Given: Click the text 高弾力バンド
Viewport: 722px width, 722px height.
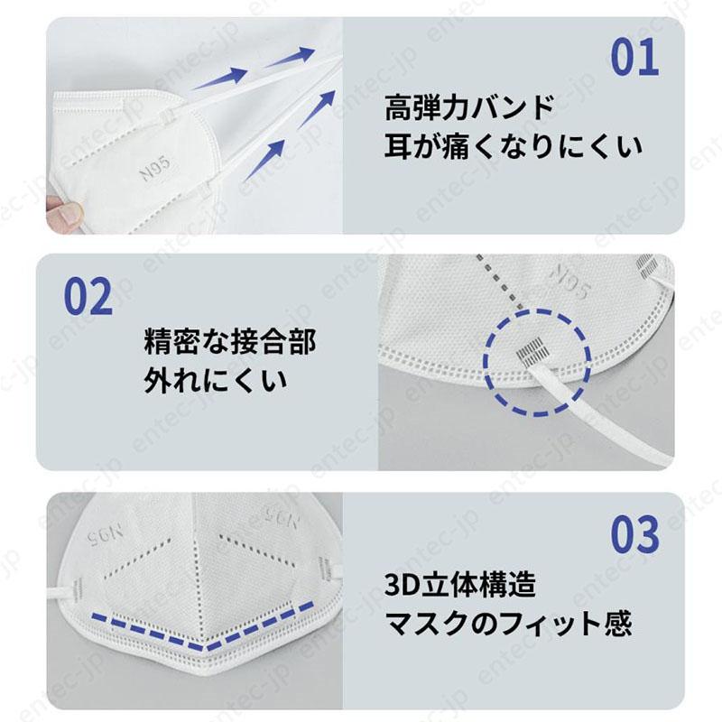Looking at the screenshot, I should tap(467, 109).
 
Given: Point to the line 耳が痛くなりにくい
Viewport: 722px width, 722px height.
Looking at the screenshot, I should tap(514, 145).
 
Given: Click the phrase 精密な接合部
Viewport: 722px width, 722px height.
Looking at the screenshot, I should tap(230, 343).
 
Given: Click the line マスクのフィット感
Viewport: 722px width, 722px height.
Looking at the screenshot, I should tap(508, 623).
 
